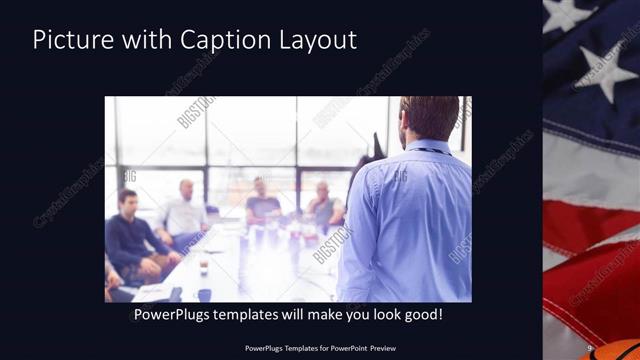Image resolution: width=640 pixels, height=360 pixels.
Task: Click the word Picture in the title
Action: [x=69, y=41]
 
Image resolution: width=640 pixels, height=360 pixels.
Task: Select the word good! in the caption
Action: [x=422, y=315]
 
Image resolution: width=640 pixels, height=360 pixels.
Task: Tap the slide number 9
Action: [x=590, y=348]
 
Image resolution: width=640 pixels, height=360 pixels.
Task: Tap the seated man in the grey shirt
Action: [x=323, y=205]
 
